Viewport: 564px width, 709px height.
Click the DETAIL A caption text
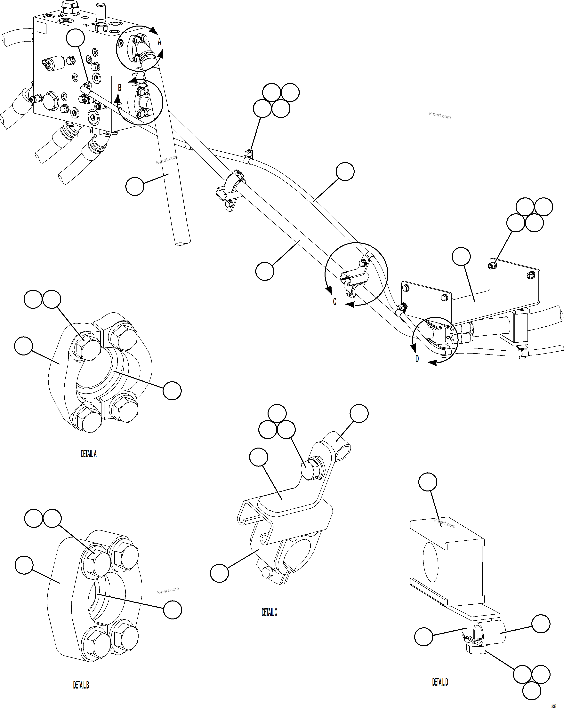(x=88, y=454)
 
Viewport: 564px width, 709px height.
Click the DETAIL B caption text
(x=81, y=685)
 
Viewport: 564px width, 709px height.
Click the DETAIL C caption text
(x=269, y=612)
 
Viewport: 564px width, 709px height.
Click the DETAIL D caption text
(x=440, y=682)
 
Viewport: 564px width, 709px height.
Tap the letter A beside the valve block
(x=159, y=42)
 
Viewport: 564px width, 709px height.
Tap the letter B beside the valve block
(x=120, y=87)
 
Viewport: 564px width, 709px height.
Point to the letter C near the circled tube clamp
(x=334, y=302)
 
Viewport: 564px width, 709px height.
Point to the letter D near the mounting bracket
(x=417, y=359)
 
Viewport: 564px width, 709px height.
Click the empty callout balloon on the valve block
(x=75, y=38)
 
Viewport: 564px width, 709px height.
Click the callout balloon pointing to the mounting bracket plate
(x=461, y=257)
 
